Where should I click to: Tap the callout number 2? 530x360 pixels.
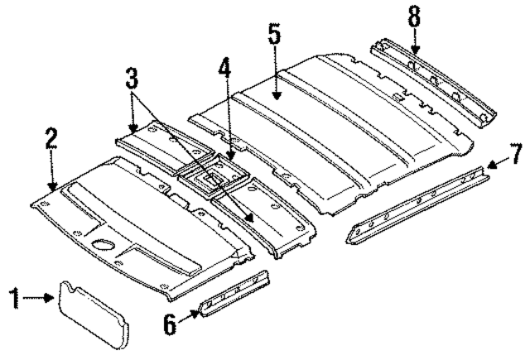(x=51, y=138)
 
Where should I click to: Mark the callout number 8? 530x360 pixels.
(x=414, y=16)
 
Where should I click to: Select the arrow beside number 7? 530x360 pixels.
(x=494, y=164)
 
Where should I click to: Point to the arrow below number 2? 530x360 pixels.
(x=52, y=174)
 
